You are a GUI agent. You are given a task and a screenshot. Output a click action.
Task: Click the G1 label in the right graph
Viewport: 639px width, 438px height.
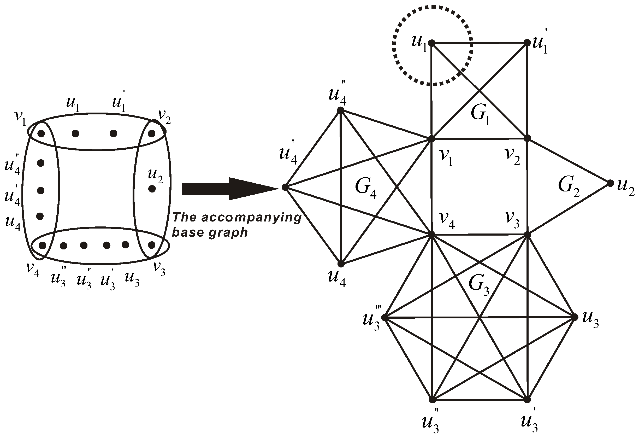point(480,115)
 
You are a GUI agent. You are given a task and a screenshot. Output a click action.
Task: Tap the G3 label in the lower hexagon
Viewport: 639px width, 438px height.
point(479,286)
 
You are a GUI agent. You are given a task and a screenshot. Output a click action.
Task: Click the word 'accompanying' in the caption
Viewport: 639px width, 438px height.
point(252,217)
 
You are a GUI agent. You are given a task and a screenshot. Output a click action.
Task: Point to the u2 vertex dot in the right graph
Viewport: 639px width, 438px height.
point(610,183)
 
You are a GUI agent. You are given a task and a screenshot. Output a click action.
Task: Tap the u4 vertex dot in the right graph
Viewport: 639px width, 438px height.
point(341,264)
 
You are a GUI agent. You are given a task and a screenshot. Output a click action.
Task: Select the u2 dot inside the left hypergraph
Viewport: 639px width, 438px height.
point(152,189)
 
